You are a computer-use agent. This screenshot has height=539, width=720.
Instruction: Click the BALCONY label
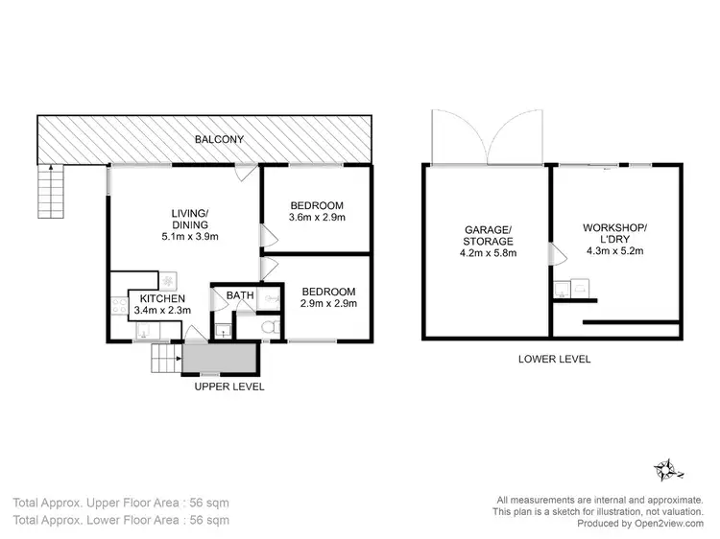click(219, 140)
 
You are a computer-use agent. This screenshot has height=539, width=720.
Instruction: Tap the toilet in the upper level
click(272, 328)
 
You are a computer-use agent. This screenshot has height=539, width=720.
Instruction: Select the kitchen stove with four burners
click(120, 307)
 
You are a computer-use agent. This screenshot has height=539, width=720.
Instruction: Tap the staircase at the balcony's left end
click(47, 190)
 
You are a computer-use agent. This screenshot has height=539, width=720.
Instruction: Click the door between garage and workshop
click(551, 254)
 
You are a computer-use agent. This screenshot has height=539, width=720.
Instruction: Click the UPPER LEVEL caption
click(229, 387)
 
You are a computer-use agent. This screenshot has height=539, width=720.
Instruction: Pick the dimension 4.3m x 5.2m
click(615, 251)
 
